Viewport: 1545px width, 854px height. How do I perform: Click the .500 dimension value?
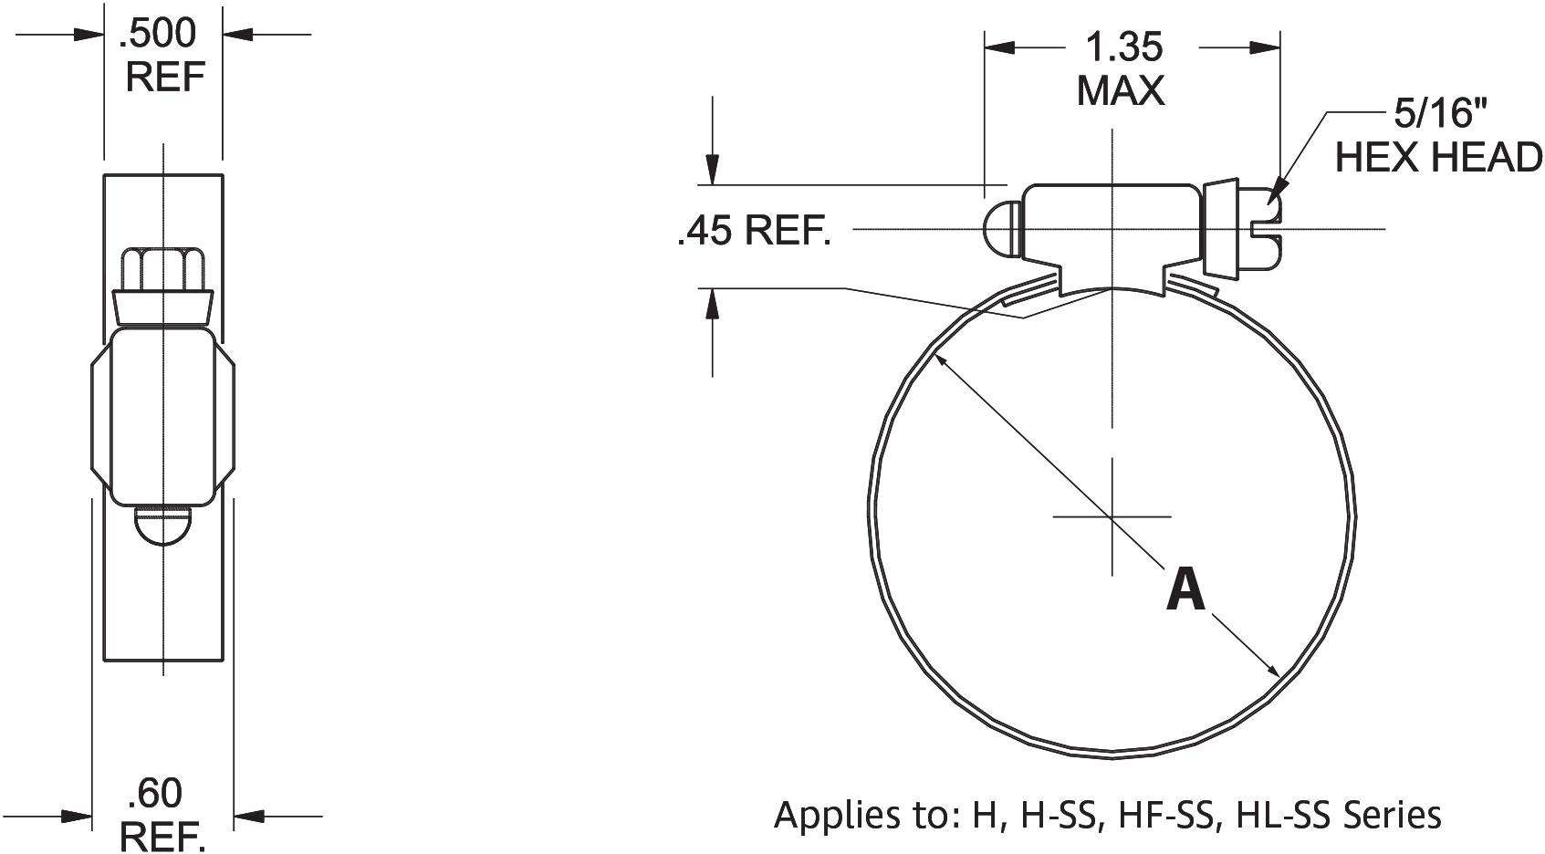(157, 34)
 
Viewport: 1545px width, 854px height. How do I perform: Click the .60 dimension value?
(154, 794)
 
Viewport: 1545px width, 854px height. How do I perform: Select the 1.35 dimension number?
(1122, 47)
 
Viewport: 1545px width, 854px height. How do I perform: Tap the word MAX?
(1121, 90)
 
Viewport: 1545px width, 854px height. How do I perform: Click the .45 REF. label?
(754, 232)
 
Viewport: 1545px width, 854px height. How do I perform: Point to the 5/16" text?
(1436, 114)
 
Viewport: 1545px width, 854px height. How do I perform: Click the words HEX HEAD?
(1439, 158)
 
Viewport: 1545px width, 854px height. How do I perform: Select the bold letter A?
(1185, 589)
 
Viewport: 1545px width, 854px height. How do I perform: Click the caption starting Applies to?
(1107, 814)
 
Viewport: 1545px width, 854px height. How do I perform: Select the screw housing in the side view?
(163, 417)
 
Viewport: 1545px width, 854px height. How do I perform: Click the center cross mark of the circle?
(1112, 517)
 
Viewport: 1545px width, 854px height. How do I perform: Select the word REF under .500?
(163, 77)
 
